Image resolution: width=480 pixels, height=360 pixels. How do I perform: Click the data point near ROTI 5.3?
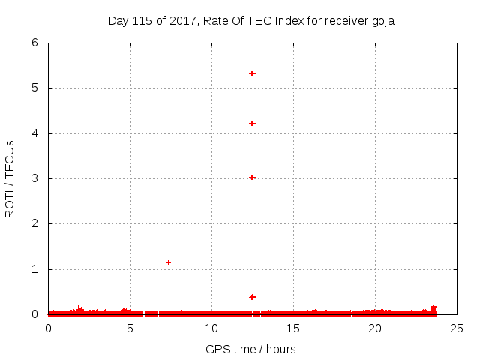click(252, 73)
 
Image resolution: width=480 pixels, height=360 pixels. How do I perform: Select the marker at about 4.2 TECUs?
click(252, 123)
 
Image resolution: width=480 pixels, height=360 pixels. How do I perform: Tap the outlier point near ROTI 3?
click(252, 177)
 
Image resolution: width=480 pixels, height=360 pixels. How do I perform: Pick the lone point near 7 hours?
click(168, 262)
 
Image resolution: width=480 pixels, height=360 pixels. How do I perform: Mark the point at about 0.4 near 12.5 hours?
click(252, 297)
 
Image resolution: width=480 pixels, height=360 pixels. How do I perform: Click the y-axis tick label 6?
click(34, 43)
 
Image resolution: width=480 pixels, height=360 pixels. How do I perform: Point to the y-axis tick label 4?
click(34, 133)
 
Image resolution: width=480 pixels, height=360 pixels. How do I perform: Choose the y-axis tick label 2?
click(34, 223)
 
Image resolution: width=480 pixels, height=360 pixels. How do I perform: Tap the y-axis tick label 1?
click(34, 269)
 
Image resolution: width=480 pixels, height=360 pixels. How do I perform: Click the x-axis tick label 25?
click(456, 328)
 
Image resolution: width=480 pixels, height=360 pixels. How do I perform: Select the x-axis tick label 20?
click(374, 328)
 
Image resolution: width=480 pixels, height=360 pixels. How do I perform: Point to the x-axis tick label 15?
click(292, 328)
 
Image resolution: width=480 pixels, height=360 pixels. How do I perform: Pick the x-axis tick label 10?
click(211, 328)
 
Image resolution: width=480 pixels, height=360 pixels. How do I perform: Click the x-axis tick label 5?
click(130, 328)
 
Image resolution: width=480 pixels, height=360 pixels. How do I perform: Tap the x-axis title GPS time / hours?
click(251, 349)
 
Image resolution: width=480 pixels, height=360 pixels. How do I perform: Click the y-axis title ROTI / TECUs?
click(10, 178)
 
